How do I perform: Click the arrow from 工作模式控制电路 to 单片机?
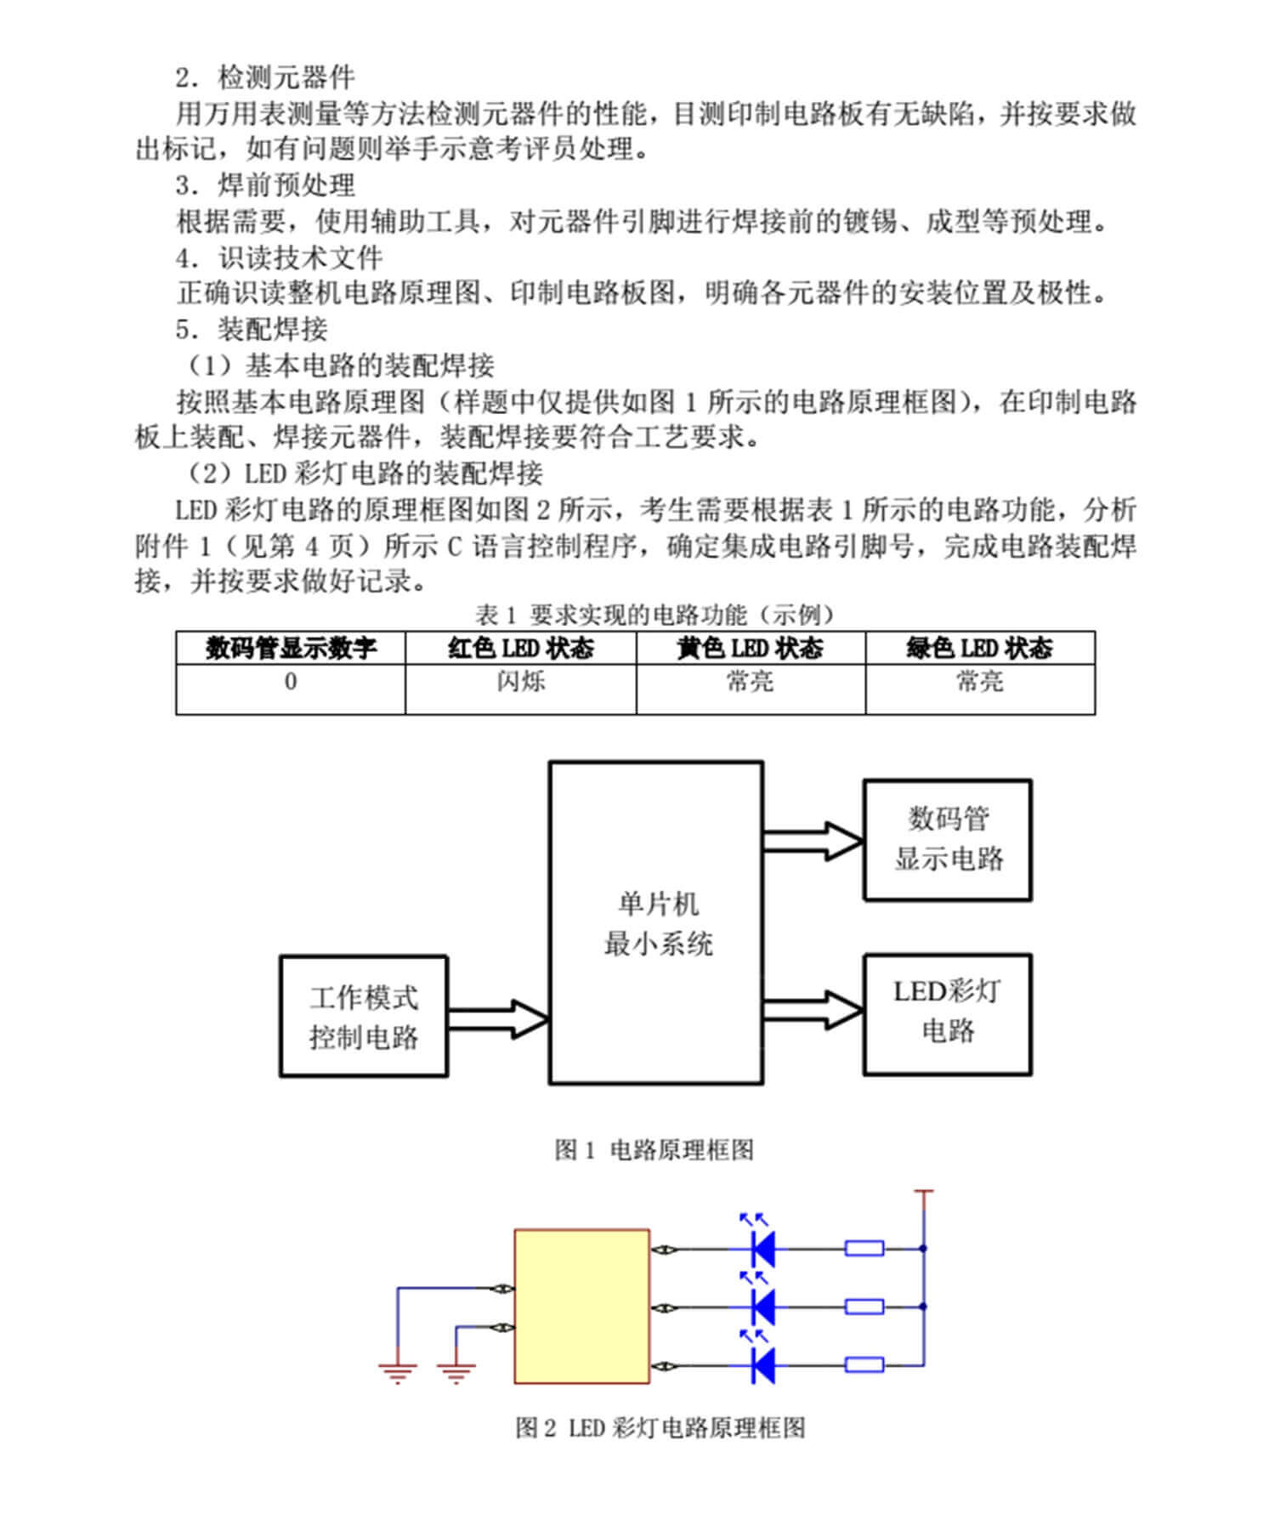pyautogui.click(x=499, y=1018)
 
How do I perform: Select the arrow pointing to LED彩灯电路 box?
pyautogui.click(x=813, y=1010)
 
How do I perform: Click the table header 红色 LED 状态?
pyautogui.click(x=521, y=649)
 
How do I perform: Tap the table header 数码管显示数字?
pyautogui.click(x=291, y=649)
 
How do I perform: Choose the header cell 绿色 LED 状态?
pyautogui.click(x=980, y=649)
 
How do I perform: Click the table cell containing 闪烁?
pyautogui.click(x=521, y=689)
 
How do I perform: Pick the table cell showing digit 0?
pyautogui.click(x=291, y=689)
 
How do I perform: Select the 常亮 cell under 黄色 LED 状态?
pyautogui.click(x=751, y=689)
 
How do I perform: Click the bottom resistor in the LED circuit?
pyautogui.click(x=864, y=1365)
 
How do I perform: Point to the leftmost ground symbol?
pyautogui.click(x=397, y=1372)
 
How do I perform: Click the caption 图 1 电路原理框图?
pyautogui.click(x=654, y=1150)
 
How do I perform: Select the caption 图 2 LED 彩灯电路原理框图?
pyautogui.click(x=660, y=1427)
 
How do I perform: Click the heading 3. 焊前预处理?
pyautogui.click(x=265, y=185)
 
